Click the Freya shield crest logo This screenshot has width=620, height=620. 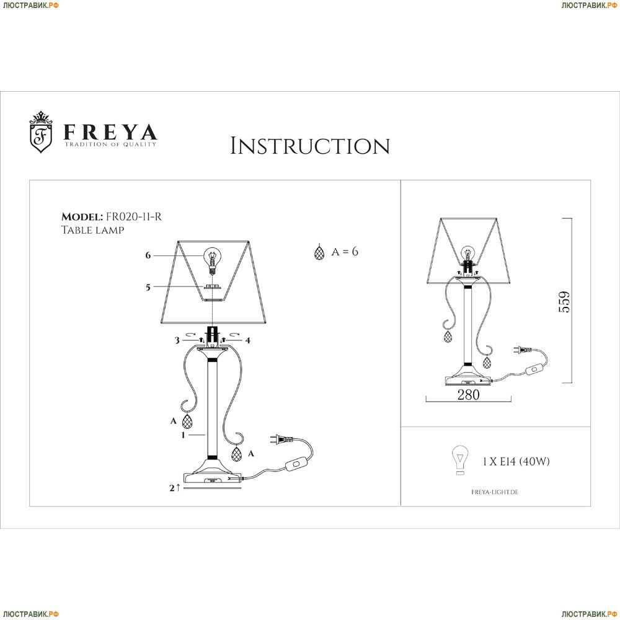(41, 133)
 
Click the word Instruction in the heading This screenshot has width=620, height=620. (310, 146)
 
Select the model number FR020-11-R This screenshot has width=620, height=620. (134, 216)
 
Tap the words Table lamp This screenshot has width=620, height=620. (92, 230)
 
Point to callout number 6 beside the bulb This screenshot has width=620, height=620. (148, 255)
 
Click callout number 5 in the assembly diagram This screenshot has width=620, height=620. (148, 287)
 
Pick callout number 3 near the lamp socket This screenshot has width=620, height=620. (177, 340)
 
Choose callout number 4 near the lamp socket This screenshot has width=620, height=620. (248, 340)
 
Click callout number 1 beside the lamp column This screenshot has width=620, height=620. (183, 435)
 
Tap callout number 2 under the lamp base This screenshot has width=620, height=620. (172, 488)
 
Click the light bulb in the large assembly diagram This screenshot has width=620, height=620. (212, 260)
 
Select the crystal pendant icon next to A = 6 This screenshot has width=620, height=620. (319, 252)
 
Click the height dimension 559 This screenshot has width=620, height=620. (564, 302)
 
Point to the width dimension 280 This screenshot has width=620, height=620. (468, 394)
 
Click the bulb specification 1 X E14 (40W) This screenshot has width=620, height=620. (516, 461)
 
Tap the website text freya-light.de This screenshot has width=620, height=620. (495, 492)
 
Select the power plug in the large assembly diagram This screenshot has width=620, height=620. (281, 440)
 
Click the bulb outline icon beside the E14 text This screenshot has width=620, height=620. (460, 460)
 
